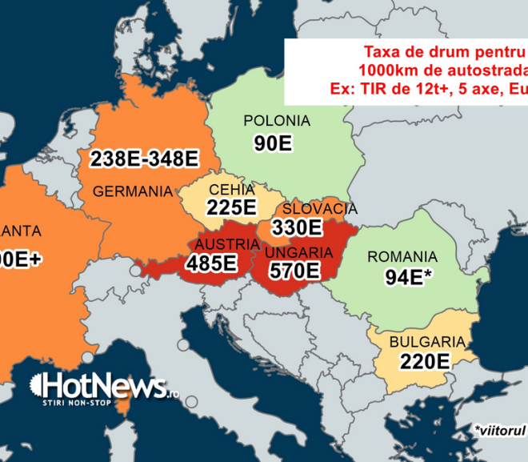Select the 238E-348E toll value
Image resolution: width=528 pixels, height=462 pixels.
pyautogui.click(x=144, y=158)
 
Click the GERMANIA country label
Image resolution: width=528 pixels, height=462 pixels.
pyautogui.click(x=133, y=191)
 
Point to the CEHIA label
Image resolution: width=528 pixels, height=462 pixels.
pyautogui.click(x=231, y=191)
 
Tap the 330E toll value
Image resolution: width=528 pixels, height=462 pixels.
pyautogui.click(x=297, y=227)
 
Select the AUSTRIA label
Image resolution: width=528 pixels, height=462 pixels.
pyautogui.click(x=215, y=245)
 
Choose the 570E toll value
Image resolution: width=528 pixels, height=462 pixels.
pyautogui.click(x=292, y=271)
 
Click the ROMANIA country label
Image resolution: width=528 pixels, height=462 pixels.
pyautogui.click(x=402, y=257)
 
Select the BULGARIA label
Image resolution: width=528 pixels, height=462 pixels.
pyautogui.click(x=426, y=342)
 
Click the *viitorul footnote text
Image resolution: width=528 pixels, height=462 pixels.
pyautogui.click(x=499, y=431)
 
